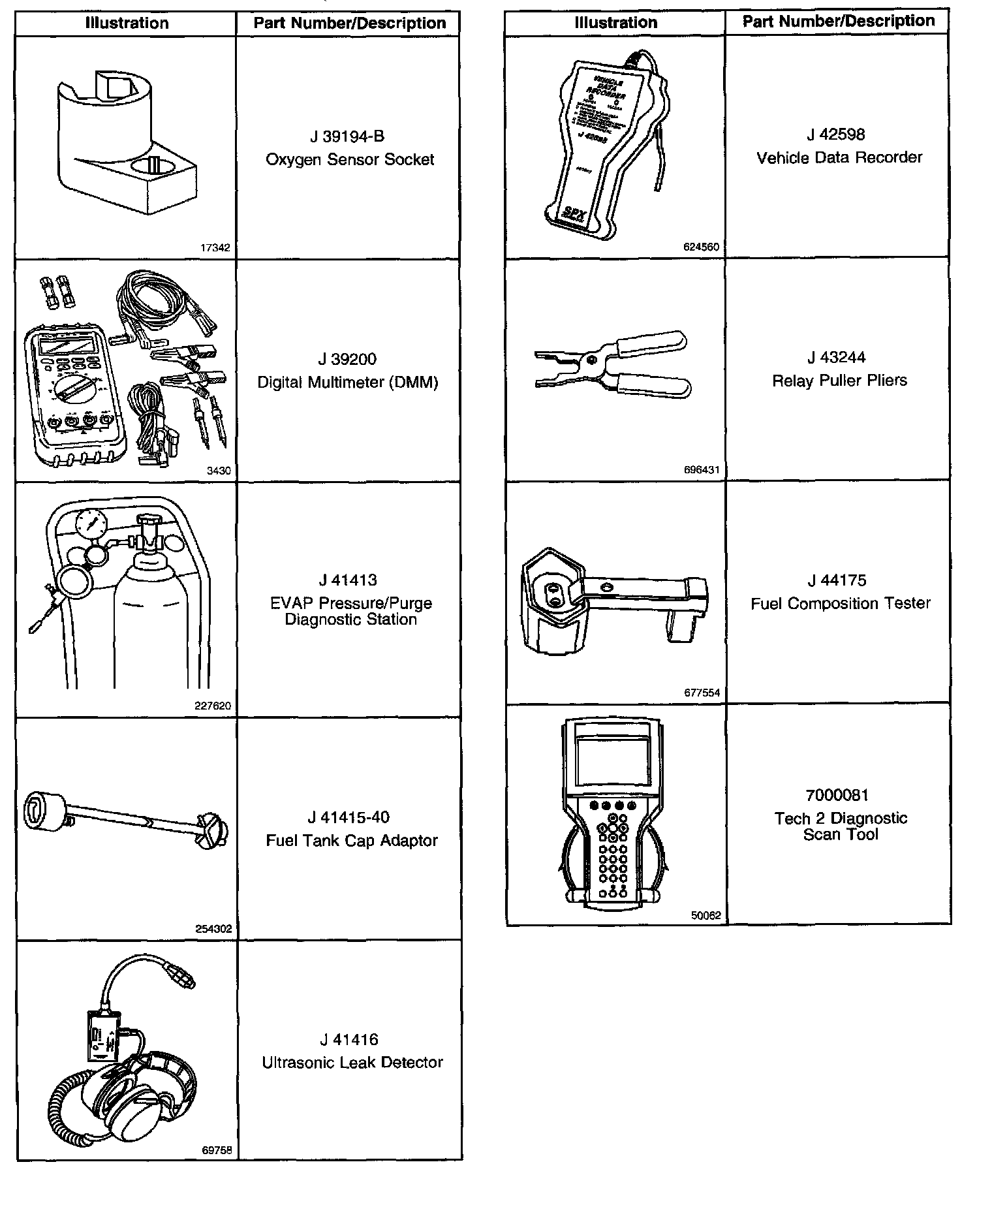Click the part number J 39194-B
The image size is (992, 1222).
coord(347,136)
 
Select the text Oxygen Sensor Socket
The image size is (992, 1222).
coord(350,160)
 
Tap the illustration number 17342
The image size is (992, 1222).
coord(215,248)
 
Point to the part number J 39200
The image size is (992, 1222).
coord(347,359)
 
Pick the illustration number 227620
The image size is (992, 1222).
coord(213,706)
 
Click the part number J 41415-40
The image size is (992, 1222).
coord(349,817)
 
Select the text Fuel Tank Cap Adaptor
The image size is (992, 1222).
coord(351,840)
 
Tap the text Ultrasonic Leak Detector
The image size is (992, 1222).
coord(352,1063)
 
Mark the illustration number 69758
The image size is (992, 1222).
coord(217,1150)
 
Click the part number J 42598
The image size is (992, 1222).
coord(836,134)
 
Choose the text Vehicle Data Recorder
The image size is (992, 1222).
coord(839,157)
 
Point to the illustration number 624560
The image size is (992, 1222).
coord(702,247)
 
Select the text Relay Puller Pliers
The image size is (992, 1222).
coord(839,381)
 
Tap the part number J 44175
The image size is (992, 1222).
coord(837,580)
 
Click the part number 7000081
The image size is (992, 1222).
coord(837,795)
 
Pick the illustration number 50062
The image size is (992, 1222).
coord(705,915)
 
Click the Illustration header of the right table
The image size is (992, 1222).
coord(615,23)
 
